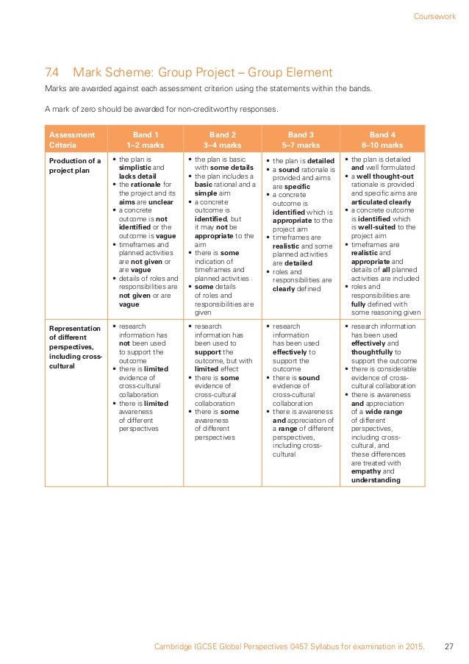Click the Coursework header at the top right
click(434, 15)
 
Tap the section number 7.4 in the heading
click(52, 72)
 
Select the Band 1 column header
click(145, 140)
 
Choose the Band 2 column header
click(222, 140)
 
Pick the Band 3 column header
click(300, 140)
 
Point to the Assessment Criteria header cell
click(71, 140)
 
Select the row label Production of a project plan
click(74, 165)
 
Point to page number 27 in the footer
click(449, 646)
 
